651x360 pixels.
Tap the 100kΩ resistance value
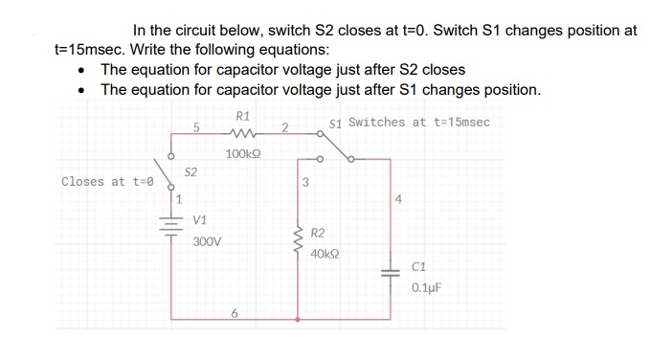pyautogui.click(x=244, y=154)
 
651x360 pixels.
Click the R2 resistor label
pyautogui.click(x=319, y=234)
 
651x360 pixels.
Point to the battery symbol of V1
pyautogui.click(x=172, y=231)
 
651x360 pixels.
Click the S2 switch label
pyautogui.click(x=191, y=172)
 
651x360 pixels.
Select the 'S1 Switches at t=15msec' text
pyautogui.click(x=409, y=123)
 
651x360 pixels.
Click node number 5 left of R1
pyautogui.click(x=195, y=127)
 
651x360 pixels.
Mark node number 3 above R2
pyautogui.click(x=304, y=182)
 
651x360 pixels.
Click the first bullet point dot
pyautogui.click(x=87, y=71)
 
